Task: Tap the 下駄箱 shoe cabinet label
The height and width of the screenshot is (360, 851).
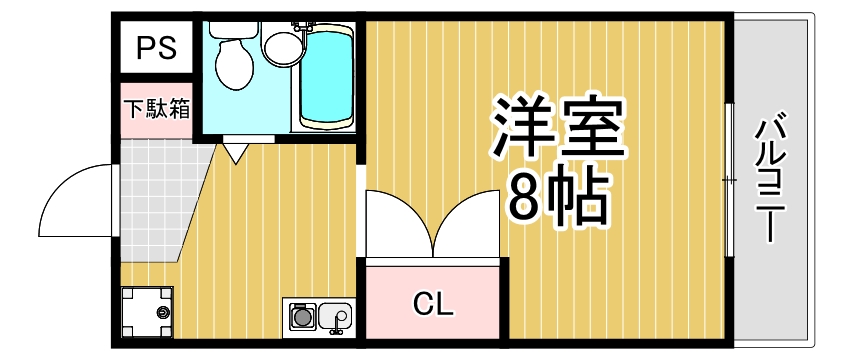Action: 156,108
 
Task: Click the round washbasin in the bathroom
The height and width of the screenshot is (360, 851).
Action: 281,44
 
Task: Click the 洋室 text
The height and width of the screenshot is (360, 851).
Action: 556,128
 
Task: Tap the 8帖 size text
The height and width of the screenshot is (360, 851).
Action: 558,199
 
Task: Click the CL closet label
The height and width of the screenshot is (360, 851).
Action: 434,302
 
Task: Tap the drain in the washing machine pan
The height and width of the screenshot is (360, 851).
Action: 160,313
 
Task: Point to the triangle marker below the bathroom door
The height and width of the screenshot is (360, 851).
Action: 235,153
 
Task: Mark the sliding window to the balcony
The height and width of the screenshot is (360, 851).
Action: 731,180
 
